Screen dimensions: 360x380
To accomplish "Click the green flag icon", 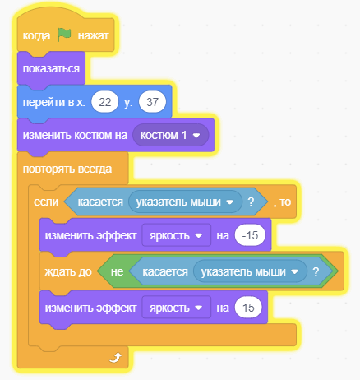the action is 64,35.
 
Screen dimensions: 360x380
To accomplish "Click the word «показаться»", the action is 51,68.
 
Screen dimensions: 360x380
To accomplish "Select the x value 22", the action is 105,102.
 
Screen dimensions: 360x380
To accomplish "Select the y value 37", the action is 152,102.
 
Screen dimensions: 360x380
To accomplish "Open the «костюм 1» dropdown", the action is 170,135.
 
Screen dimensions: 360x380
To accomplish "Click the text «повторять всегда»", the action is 67,169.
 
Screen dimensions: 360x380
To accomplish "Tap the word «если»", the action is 46,202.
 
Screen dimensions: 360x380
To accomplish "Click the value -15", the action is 250,235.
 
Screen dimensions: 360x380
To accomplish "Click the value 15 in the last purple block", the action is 248,308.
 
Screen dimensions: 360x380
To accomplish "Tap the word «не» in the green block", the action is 117,271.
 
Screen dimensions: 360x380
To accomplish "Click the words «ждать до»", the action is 68,271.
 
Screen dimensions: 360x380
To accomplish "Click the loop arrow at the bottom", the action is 115,358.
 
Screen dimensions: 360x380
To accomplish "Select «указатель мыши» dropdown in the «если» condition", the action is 185,202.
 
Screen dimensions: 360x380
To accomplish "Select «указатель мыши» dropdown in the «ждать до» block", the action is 250,271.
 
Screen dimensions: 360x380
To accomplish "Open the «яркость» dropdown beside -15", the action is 177,235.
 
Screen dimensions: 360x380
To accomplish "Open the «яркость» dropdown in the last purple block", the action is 177,308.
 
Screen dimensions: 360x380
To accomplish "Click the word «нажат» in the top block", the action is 93,35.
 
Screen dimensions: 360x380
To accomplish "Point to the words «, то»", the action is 282,202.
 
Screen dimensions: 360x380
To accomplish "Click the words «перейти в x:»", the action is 53,102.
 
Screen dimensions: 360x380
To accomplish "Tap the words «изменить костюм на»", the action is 75,135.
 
